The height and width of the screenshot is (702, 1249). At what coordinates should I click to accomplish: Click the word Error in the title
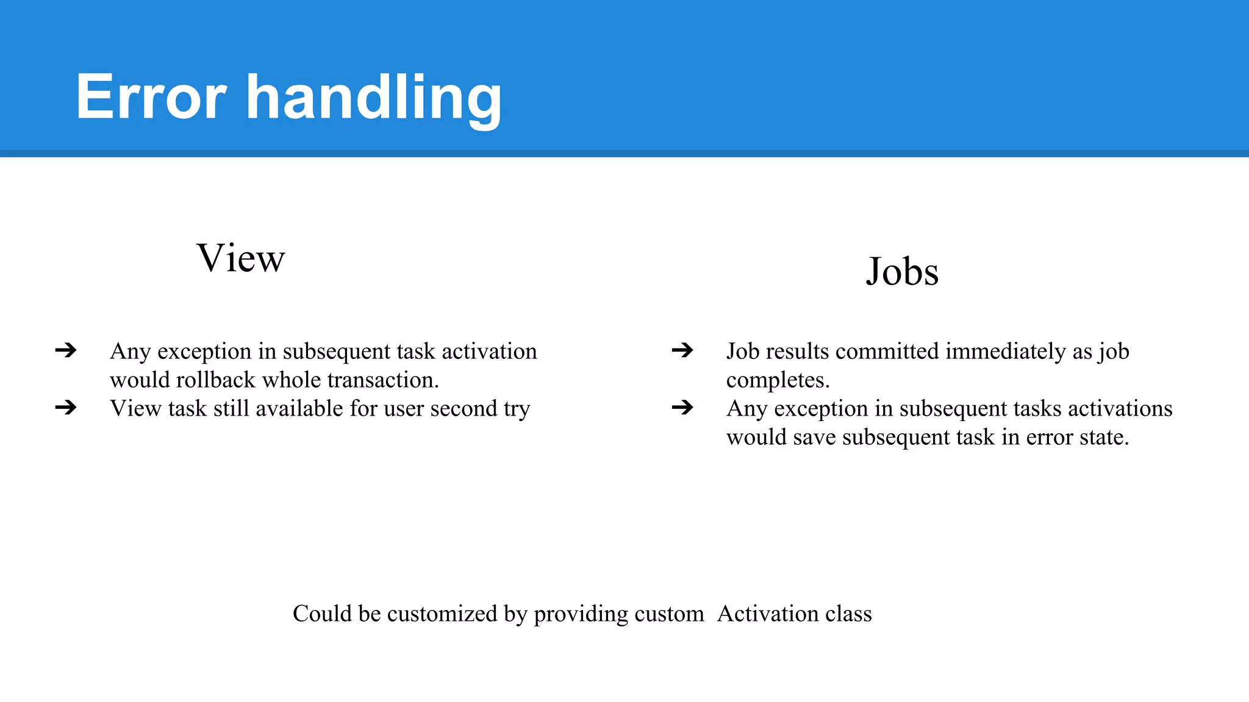pos(151,97)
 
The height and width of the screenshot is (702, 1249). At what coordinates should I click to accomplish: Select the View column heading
pos(240,258)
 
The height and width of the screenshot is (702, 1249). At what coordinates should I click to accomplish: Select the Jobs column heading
pos(902,271)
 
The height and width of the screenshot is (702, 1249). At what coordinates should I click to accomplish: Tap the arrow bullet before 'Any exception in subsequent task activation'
pos(66,350)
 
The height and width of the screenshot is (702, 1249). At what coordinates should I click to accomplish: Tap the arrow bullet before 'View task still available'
pos(66,407)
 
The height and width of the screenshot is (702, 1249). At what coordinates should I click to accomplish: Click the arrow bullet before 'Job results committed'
pos(682,350)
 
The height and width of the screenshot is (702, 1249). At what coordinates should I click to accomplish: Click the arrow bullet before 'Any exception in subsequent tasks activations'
pos(682,407)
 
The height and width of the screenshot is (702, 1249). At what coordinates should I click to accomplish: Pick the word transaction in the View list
pos(383,380)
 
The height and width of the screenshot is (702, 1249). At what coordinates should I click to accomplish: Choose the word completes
pos(778,380)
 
